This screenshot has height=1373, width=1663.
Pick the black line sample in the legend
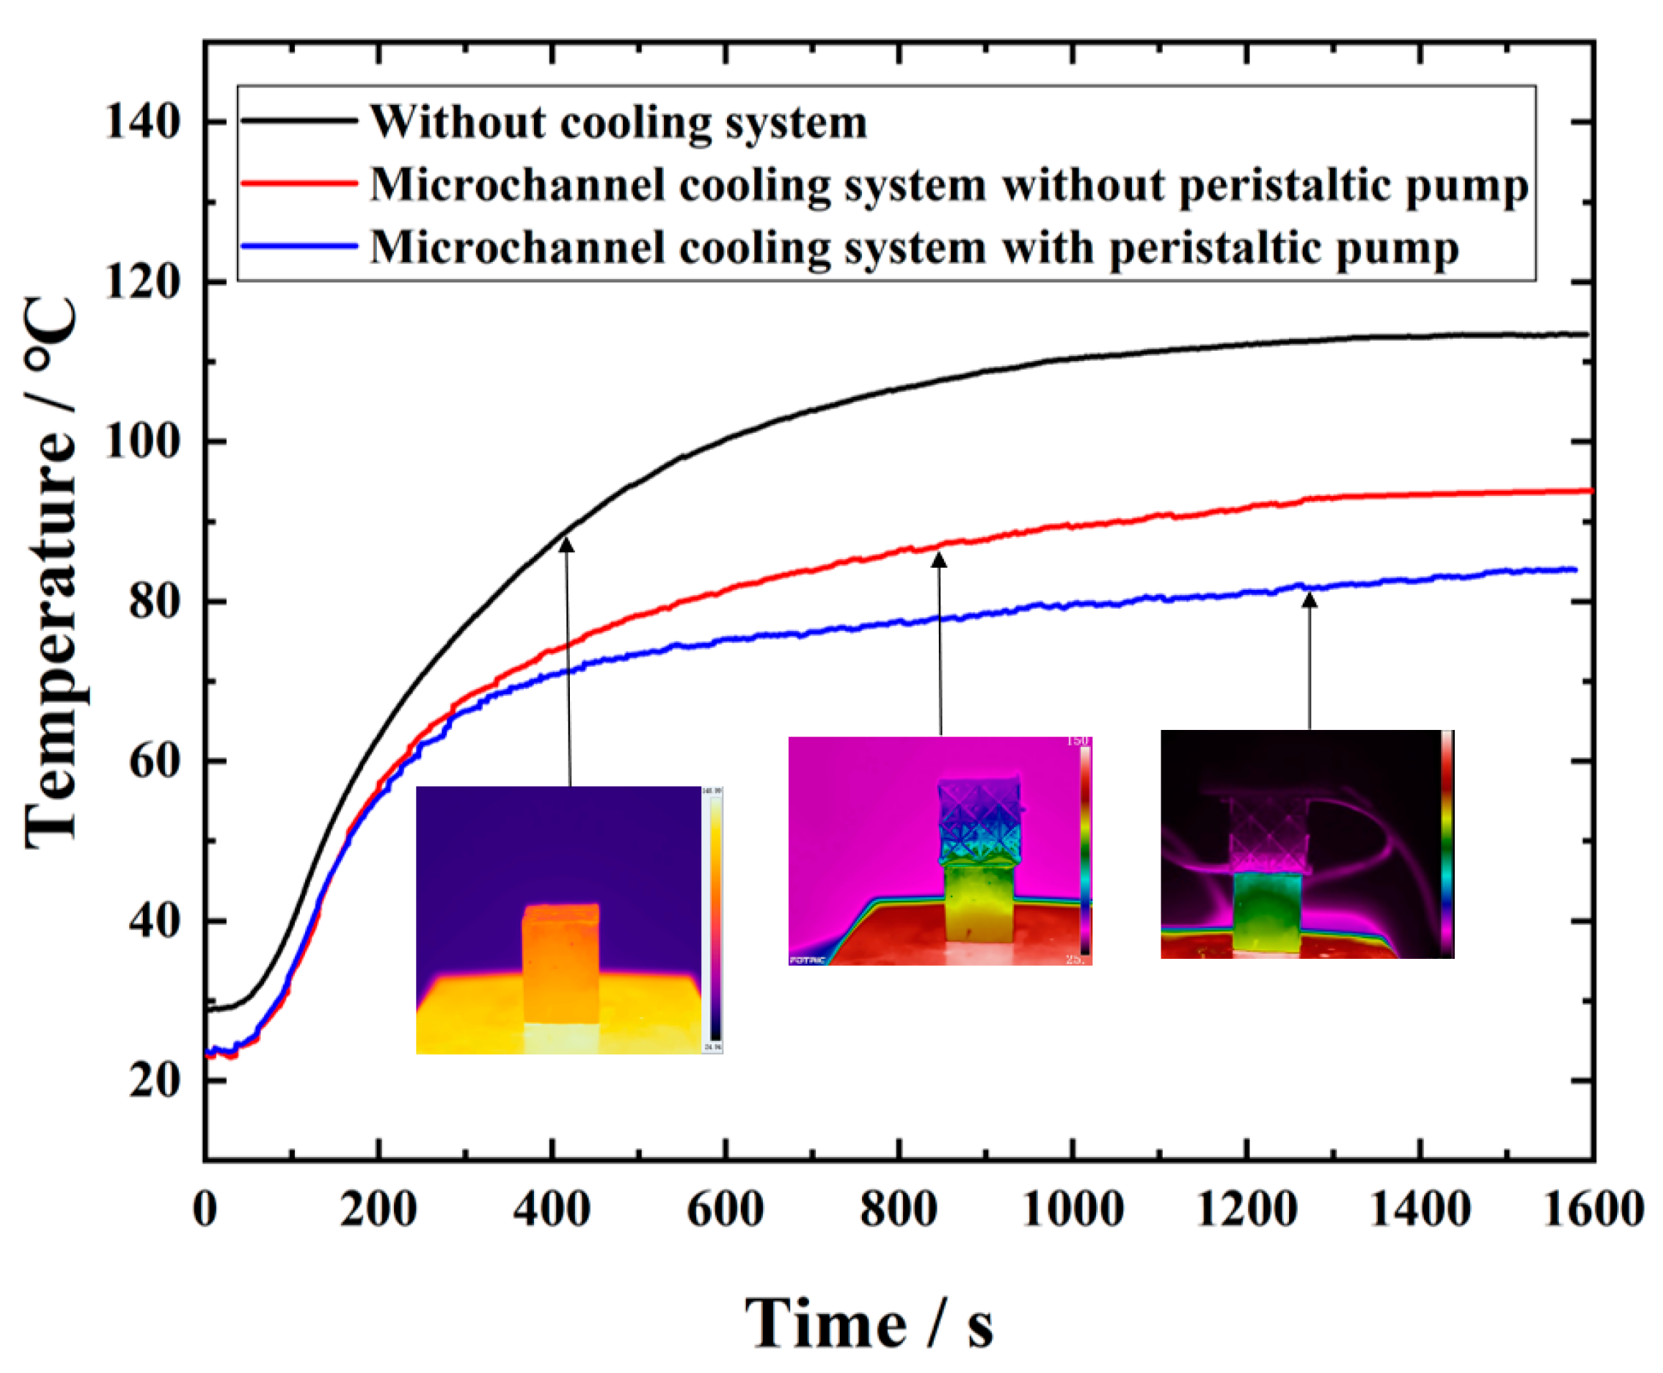[x=299, y=121]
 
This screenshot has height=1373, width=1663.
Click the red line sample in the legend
[x=299, y=184]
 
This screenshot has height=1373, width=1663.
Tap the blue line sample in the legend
[x=299, y=246]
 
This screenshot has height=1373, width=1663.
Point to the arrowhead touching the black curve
[x=566, y=544]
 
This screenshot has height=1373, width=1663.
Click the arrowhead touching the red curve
[x=939, y=559]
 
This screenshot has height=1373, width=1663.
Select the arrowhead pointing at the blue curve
[x=1310, y=600]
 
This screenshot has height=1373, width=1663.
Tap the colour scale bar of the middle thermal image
[x=1085, y=850]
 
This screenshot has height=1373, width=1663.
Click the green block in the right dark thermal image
[x=1267, y=910]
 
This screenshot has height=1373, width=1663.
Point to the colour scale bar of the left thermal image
[x=714, y=917]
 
